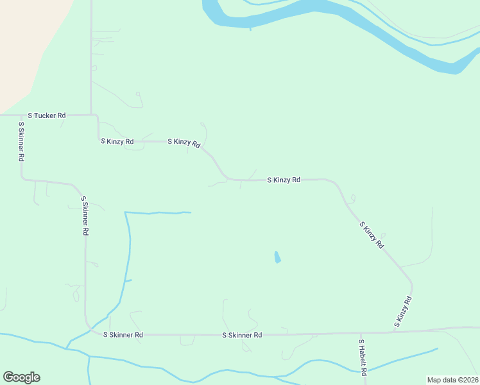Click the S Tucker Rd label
tap(47, 116)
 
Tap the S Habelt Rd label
tap(363, 357)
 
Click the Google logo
tap(21, 377)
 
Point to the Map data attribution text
tap(452, 379)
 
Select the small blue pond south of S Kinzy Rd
tap(277, 257)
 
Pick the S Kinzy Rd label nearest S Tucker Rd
tap(117, 141)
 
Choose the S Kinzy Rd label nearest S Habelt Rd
tap(402, 312)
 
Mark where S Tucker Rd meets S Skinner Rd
tap(21, 116)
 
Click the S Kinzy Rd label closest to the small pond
tap(284, 180)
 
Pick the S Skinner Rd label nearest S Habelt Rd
tap(242, 335)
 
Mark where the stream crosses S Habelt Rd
tap(363, 371)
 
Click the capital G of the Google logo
tap(8, 377)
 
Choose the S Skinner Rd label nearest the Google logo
tap(123, 334)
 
